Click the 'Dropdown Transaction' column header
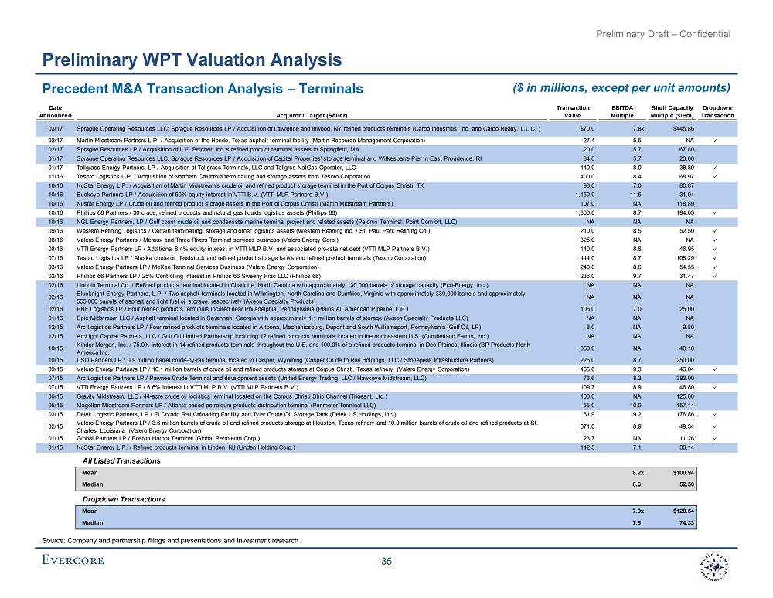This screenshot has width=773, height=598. point(718,111)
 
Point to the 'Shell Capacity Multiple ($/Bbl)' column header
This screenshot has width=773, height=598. point(671,111)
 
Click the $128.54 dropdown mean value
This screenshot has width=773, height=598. point(680,511)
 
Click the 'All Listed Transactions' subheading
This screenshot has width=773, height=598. point(122,460)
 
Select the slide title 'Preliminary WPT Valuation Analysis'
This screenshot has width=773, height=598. point(192,59)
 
